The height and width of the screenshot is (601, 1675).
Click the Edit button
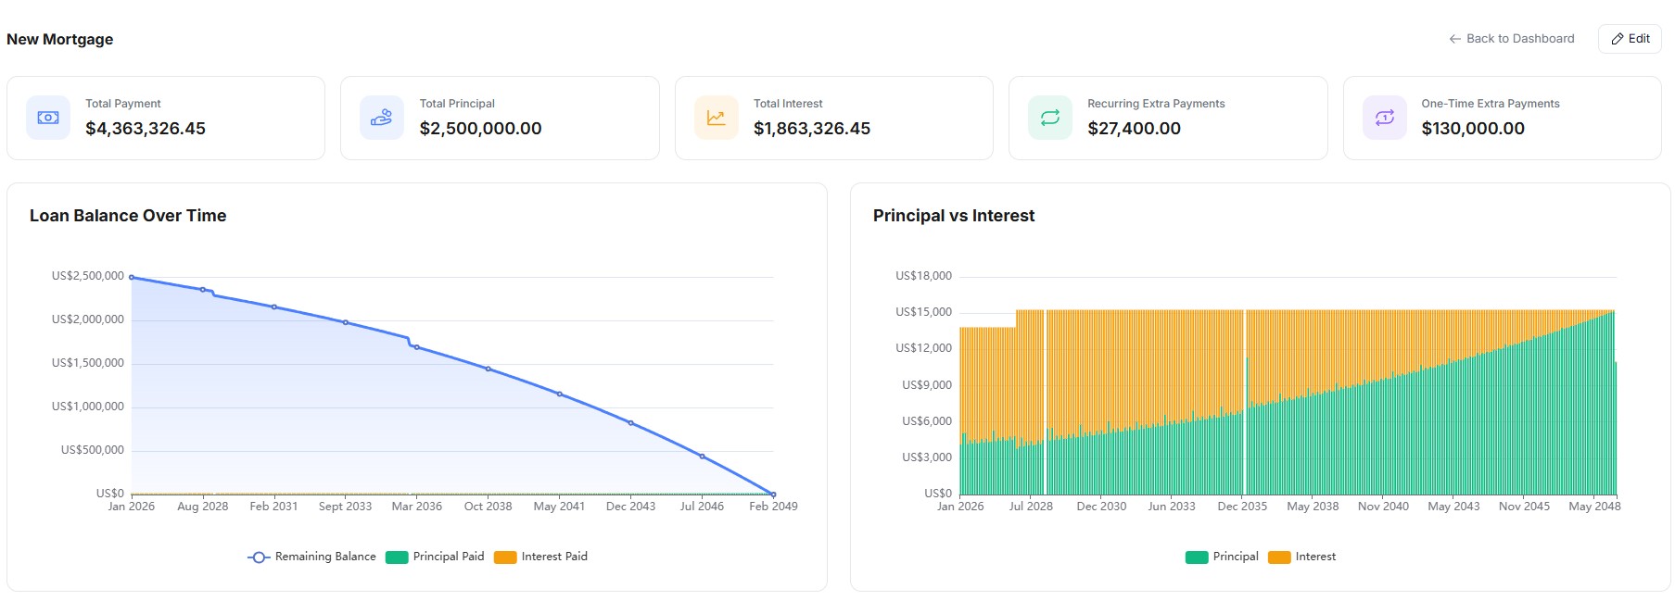coord(1630,39)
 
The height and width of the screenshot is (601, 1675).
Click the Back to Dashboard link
coord(1512,39)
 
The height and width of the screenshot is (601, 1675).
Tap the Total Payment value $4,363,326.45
coord(146,129)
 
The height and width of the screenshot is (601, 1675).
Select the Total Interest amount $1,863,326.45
coord(812,129)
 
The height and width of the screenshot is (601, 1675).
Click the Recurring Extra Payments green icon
coord(1049,118)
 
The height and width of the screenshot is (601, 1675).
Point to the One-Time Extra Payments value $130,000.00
coord(1473,129)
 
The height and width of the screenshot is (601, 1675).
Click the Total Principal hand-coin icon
coord(381,118)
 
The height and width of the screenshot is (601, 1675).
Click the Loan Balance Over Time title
coord(128,216)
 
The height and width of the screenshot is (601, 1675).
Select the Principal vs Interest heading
coord(954,216)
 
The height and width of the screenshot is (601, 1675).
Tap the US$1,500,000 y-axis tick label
coord(88,363)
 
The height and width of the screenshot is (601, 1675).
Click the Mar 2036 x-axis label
coord(416,507)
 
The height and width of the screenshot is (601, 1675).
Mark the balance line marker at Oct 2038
coord(489,369)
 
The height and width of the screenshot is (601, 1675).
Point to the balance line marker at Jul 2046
coord(702,457)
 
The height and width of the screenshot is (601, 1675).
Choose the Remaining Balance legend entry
coord(312,557)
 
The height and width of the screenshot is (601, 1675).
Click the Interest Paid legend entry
coord(541,557)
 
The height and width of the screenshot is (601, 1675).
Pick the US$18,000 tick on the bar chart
coord(923,276)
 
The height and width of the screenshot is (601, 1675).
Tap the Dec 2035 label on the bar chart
coord(1242,507)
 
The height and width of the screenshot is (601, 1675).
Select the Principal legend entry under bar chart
coord(1222,557)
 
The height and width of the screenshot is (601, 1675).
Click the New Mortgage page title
coord(60,39)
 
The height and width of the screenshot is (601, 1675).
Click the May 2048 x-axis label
coord(1594,507)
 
